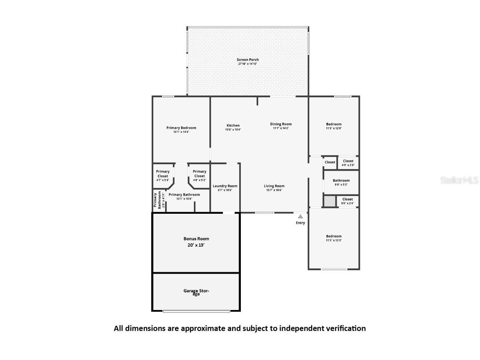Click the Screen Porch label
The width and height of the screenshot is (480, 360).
248,62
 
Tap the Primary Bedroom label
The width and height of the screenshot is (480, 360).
181,130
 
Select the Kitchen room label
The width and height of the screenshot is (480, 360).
233,127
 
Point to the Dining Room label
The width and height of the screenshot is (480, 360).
281,125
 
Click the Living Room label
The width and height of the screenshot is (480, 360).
274,188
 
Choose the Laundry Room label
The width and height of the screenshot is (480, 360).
225,187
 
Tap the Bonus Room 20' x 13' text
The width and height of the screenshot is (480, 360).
196,242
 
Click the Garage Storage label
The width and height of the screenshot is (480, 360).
196,292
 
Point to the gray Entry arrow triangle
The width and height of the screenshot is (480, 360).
300,216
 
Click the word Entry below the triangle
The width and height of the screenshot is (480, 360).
300,223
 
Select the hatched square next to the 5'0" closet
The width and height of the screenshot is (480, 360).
330,201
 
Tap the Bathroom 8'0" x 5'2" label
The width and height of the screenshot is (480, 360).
341,182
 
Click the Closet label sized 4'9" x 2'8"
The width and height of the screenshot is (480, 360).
348,162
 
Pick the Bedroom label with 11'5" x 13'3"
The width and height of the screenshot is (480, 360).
334,238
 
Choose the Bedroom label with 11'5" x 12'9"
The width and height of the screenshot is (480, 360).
334,126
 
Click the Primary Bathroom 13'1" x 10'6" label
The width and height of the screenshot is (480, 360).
184,196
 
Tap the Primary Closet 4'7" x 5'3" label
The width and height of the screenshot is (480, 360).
163,175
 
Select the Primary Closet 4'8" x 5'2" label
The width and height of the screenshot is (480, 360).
200,175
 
